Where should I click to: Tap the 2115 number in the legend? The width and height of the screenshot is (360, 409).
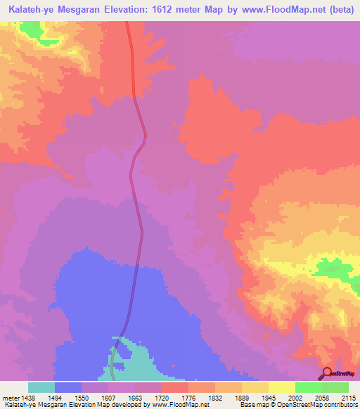(348, 397)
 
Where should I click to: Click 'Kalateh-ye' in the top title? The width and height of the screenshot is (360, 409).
(29, 8)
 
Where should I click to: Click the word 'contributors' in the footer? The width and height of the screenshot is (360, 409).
(340, 405)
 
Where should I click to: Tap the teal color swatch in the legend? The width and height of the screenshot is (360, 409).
(41, 387)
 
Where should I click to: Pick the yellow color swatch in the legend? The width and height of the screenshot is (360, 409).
(281, 387)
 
